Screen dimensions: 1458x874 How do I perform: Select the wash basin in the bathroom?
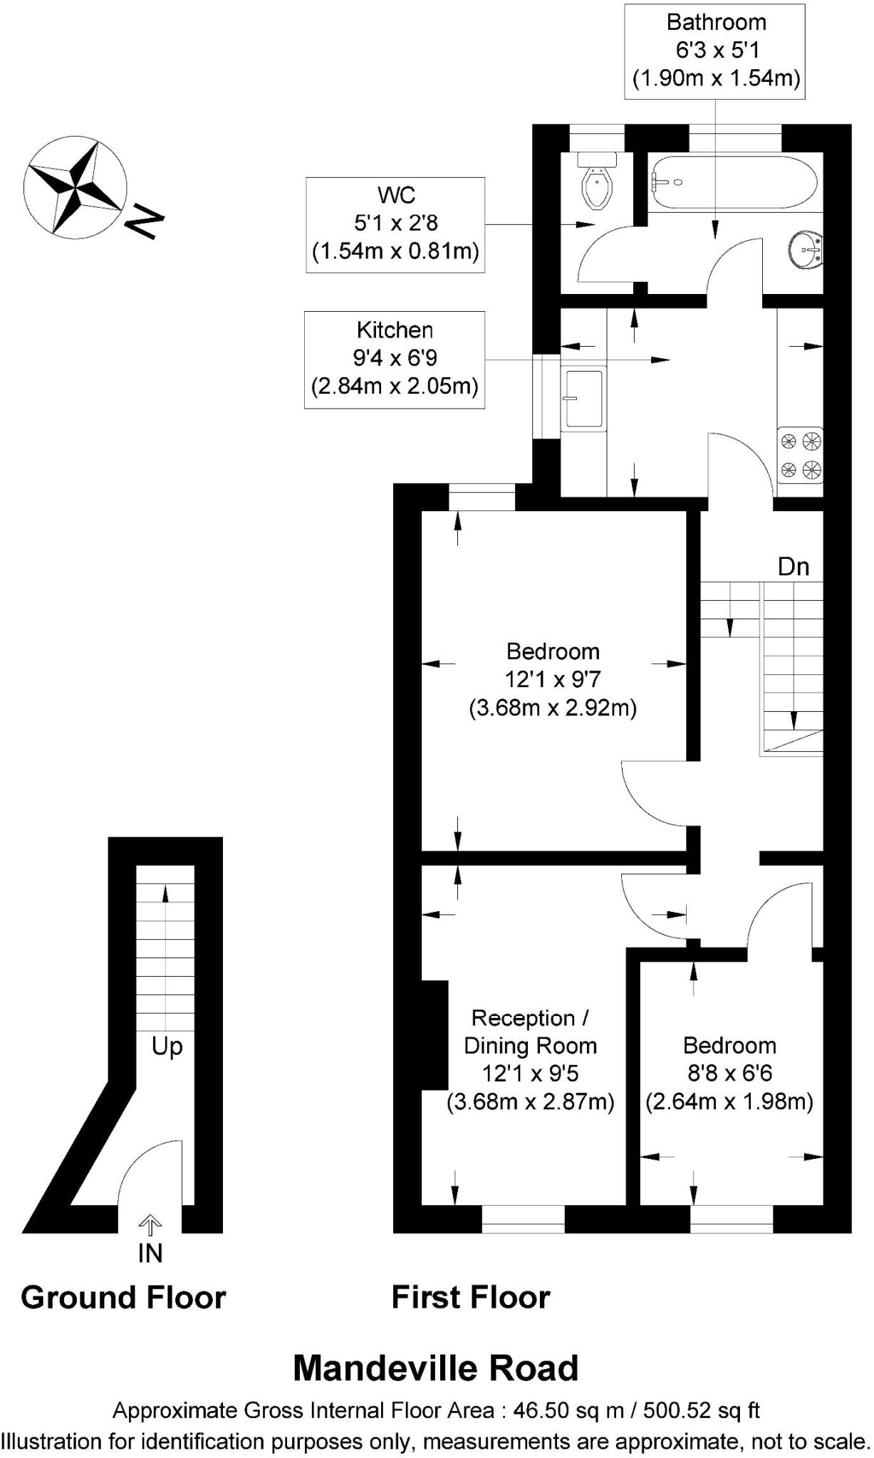(806, 250)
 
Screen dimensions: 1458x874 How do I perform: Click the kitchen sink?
(584, 399)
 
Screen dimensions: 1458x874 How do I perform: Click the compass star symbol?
(75, 187)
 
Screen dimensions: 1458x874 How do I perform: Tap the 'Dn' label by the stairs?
(794, 567)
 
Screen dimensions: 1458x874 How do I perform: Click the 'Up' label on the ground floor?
(167, 1046)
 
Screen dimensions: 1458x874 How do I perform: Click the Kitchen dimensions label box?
(395, 360)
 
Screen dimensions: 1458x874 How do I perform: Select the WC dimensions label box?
(396, 224)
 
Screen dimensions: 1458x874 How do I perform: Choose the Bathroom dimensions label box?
(717, 51)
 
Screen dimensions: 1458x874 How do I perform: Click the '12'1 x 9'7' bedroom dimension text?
(553, 679)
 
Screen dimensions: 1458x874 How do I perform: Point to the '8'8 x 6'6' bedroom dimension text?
(729, 1073)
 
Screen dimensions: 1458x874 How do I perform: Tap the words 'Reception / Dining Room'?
(530, 1032)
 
